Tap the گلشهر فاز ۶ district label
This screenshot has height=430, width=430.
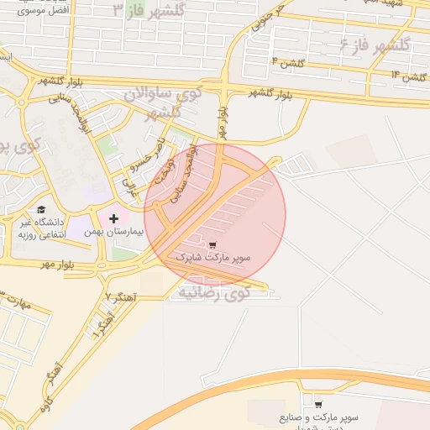click(x=375, y=44)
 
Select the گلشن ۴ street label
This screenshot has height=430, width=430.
click(x=287, y=62)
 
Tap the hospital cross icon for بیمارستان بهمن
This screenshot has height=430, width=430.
click(x=114, y=218)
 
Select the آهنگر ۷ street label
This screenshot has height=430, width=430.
click(x=121, y=298)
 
